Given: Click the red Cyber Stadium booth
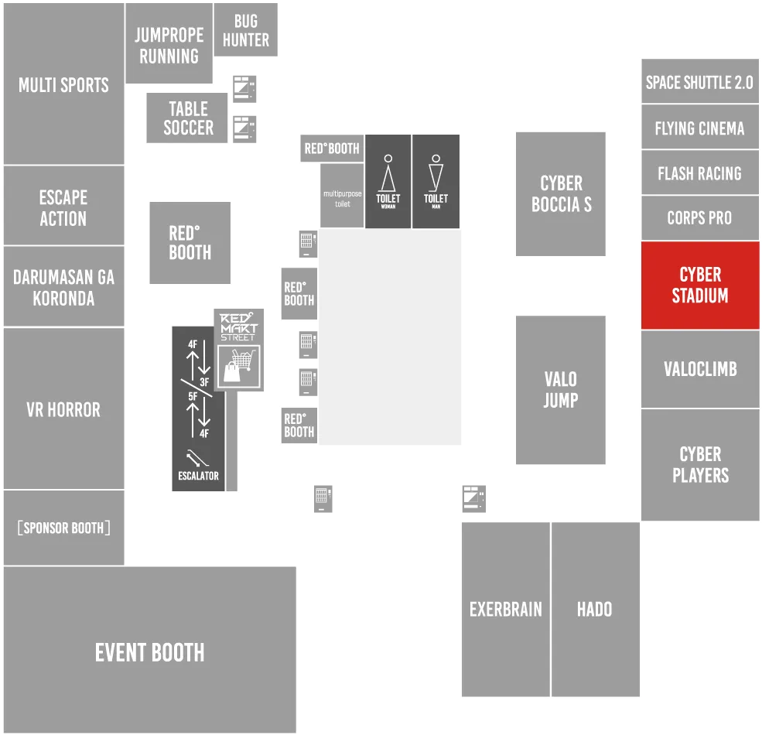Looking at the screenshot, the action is (700, 285).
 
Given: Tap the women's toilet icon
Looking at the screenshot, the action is (388, 173).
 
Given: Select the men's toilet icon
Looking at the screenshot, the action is (436, 173).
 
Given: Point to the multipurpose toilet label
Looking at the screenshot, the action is (342, 198).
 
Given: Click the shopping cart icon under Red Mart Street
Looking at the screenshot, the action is (238, 366).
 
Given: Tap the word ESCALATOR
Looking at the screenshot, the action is (198, 476).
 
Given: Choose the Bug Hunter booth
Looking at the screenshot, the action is (246, 30).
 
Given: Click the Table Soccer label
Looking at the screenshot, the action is (188, 118).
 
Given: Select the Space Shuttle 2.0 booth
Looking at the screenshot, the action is (700, 81).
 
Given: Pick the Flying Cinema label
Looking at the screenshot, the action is (699, 128).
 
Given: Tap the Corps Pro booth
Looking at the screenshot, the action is (700, 217).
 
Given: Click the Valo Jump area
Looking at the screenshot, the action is (561, 390).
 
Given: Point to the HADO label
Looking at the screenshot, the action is (594, 609).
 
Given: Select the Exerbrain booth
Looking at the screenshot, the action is (505, 610).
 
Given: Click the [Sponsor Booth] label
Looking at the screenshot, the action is (63, 528).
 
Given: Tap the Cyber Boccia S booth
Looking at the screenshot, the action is (561, 194).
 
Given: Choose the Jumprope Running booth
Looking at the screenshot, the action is (169, 43).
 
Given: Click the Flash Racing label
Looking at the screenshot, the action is (699, 173).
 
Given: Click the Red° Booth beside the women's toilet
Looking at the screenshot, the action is (332, 149).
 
